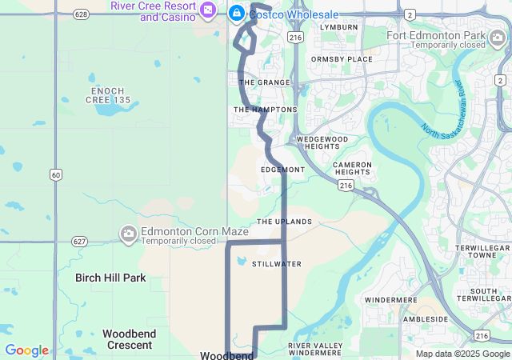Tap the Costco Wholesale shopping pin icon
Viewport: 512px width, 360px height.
tap(237, 13)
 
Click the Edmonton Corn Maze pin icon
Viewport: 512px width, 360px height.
tap(128, 234)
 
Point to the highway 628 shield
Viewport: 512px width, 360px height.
tap(80, 14)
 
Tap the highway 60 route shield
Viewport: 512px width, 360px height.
tap(55, 174)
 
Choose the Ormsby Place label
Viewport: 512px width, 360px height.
tap(342, 59)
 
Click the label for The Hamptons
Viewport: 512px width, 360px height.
tap(265, 110)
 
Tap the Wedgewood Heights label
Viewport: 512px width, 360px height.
tap(322, 142)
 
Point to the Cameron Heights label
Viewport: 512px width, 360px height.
tap(353, 168)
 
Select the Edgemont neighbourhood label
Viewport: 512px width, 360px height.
tap(282, 170)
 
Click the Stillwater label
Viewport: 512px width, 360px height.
tap(276, 263)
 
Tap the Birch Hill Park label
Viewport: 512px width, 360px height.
tap(110, 278)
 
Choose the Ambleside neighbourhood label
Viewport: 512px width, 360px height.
tap(425, 318)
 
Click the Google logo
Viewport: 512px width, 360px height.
tap(27, 350)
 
